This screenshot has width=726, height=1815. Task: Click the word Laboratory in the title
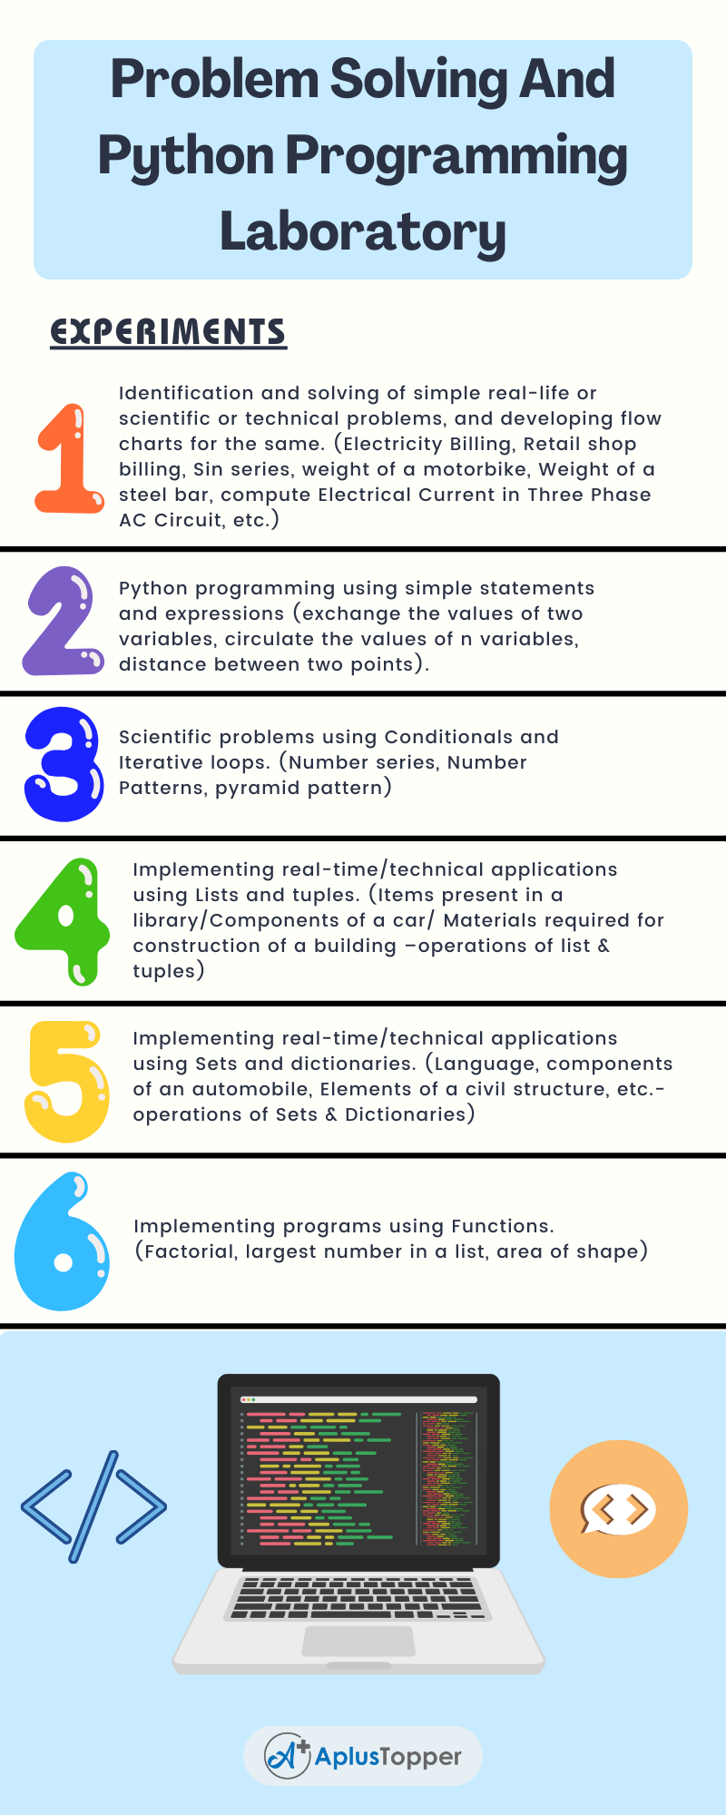363,232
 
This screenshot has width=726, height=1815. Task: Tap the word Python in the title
186,156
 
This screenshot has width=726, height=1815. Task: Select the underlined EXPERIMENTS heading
168,332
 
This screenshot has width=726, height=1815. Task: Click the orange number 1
69,458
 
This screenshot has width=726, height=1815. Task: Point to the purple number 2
62,621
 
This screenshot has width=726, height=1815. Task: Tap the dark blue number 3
64,764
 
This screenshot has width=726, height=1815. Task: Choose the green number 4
62,921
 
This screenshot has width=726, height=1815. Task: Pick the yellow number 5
67,1081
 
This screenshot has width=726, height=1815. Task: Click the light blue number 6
62,1241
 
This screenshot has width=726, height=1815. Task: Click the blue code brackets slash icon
94,1506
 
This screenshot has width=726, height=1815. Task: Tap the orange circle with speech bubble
618,1508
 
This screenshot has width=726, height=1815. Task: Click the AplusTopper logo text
388,1757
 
